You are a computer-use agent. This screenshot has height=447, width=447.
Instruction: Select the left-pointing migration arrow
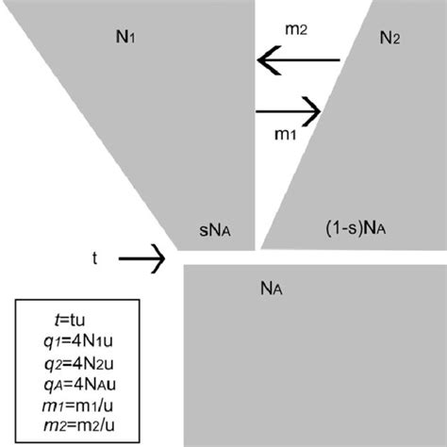298,63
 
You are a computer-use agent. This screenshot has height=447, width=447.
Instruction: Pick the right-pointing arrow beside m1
290,111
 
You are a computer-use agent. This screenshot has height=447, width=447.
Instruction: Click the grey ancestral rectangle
311,358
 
